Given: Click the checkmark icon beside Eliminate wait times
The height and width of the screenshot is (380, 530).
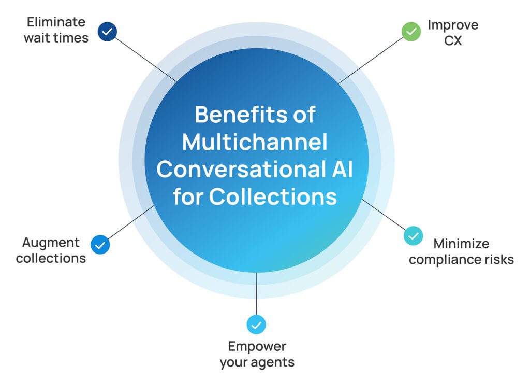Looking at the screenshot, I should [107, 32].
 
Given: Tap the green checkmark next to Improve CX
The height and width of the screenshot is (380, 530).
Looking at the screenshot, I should [411, 32].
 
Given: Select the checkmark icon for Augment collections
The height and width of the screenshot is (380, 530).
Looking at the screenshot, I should [100, 245].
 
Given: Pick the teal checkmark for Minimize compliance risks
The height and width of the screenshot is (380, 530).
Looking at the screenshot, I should [413, 235].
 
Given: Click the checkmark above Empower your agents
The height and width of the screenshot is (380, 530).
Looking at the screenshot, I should [256, 325].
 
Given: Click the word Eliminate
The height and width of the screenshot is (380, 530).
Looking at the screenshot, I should [56, 22].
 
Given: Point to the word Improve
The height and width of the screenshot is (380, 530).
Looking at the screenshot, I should [452, 25].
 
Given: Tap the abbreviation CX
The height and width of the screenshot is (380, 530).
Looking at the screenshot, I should [452, 40].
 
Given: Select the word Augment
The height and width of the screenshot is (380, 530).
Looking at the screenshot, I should [51, 243].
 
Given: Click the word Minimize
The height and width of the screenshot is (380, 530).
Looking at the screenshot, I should [461, 243].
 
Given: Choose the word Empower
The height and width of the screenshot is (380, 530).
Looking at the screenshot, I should [257, 346].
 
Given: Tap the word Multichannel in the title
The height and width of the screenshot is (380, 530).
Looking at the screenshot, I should [255, 142].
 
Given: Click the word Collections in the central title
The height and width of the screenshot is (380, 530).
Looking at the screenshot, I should [273, 197].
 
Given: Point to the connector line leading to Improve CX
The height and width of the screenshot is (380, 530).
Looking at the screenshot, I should [371, 60].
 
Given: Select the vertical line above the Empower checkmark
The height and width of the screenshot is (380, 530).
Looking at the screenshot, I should [256, 293].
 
